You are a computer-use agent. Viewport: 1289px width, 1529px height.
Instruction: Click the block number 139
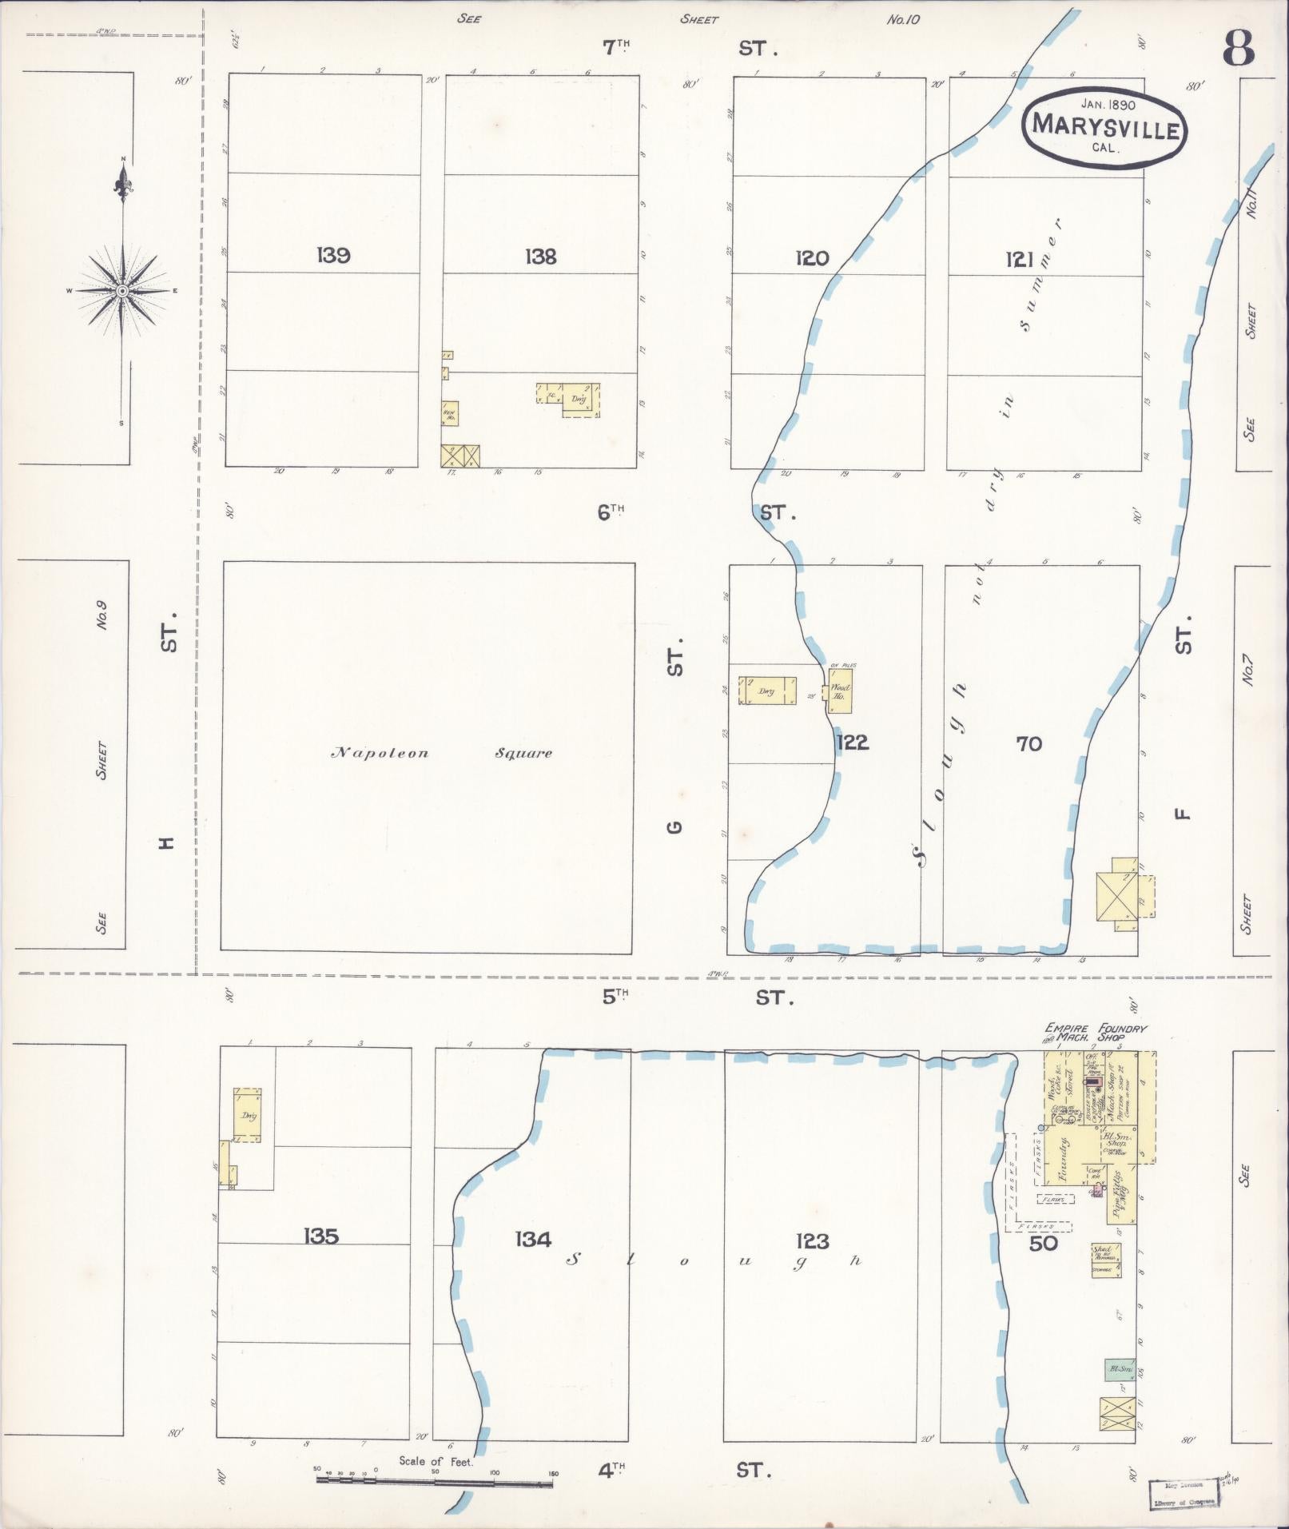[333, 256]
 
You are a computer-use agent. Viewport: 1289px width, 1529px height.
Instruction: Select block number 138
[541, 257]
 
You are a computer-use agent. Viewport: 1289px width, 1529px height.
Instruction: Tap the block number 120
[812, 257]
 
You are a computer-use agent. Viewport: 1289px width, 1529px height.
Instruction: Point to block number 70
[1029, 744]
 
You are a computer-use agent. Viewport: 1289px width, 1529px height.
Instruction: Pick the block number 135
[321, 1236]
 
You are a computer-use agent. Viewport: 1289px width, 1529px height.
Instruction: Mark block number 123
[813, 1241]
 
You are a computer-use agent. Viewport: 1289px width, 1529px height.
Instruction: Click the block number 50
[1044, 1243]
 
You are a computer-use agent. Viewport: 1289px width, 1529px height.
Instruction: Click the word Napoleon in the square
[380, 753]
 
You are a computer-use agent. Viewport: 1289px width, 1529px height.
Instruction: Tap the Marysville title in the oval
[1106, 127]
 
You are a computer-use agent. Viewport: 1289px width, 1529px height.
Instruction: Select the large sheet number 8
[1238, 50]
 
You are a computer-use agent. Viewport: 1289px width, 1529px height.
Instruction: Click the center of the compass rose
[122, 291]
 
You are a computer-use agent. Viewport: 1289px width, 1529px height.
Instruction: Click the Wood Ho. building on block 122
[840, 691]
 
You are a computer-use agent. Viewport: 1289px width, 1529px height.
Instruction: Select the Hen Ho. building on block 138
[450, 413]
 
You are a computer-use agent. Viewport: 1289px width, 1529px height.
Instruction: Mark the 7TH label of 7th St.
[615, 48]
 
